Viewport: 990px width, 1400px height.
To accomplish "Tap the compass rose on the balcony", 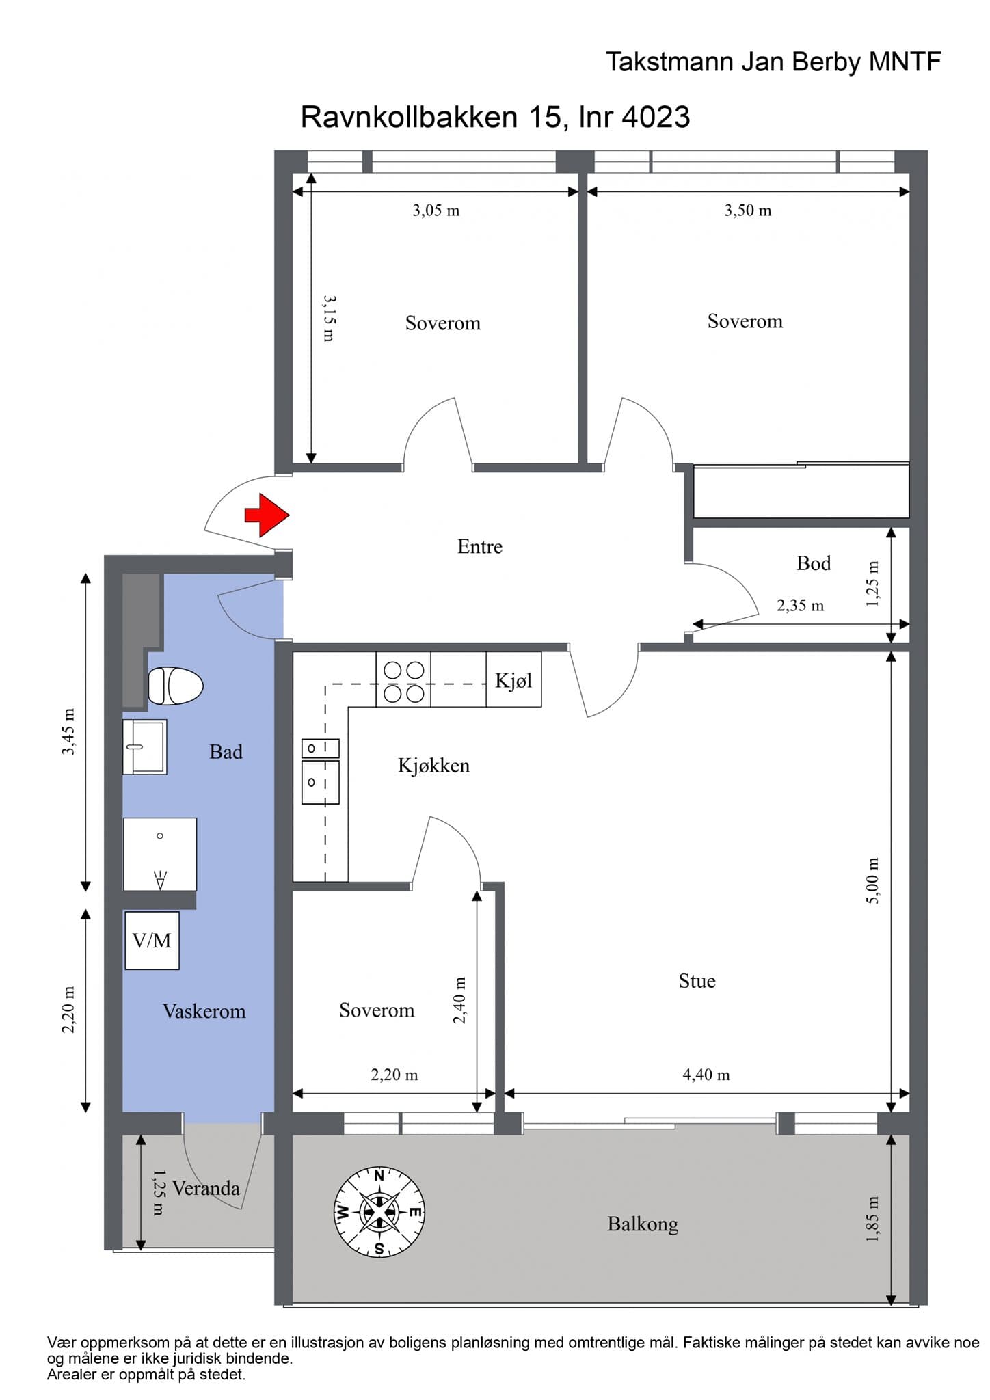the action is [x=379, y=1212].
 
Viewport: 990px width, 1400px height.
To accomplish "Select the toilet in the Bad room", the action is [x=176, y=686].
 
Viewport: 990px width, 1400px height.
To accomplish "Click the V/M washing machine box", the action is [x=152, y=940].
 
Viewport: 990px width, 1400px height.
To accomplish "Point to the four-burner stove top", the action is [x=403, y=681].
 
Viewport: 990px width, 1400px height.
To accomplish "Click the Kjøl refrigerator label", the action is [x=513, y=680].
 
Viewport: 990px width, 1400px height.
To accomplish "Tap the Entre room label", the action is [x=480, y=546].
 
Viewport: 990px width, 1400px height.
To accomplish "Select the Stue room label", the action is [x=697, y=981].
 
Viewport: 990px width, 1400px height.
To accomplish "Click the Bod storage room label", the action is [x=814, y=563].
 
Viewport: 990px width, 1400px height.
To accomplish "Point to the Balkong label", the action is [x=643, y=1224].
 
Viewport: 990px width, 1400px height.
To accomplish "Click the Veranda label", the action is [x=206, y=1188].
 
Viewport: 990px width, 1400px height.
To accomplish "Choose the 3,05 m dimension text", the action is [x=436, y=211].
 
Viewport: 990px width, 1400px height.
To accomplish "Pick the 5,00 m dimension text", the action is [x=872, y=880].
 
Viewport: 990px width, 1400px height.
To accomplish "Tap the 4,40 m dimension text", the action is [x=706, y=1075].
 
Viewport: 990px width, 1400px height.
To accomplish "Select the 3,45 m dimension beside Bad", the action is [x=69, y=731].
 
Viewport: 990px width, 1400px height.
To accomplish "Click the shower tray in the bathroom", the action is [x=160, y=854].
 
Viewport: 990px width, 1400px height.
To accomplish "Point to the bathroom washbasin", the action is [x=144, y=746].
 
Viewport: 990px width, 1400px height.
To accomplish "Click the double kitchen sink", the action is [x=321, y=771].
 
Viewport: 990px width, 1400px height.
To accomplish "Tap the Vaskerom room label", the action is [x=204, y=1011].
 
